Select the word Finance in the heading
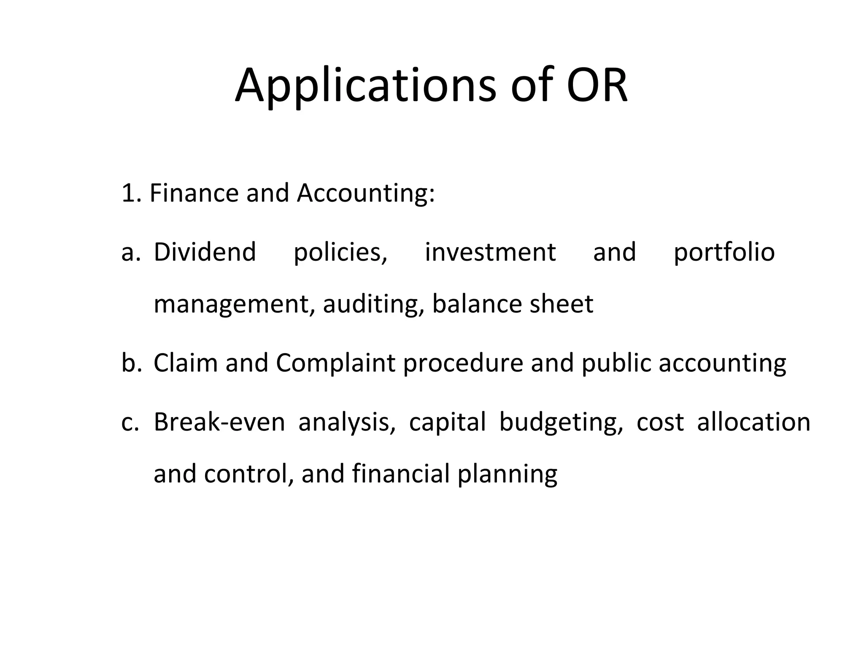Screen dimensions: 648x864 click(x=194, y=193)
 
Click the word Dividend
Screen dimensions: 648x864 click(x=205, y=252)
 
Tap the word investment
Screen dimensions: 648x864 click(x=490, y=252)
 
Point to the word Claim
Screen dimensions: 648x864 click(x=186, y=363)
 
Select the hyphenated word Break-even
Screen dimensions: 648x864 click(x=219, y=422)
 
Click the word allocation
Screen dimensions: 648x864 click(x=753, y=422)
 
